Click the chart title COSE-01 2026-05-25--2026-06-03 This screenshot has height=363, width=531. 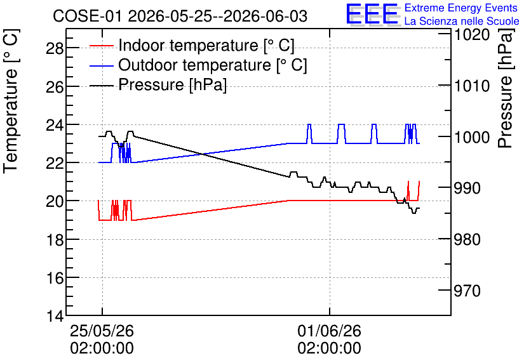[x=180, y=16]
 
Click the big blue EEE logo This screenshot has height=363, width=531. [x=372, y=15]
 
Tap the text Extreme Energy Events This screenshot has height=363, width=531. [x=461, y=8]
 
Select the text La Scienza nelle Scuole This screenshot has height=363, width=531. [x=462, y=22]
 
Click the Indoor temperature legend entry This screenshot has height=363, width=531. [x=192, y=45]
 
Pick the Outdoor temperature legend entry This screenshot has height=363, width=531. [x=198, y=65]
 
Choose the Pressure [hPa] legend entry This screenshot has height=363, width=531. [x=158, y=84]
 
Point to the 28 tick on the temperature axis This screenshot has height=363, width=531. [x=55, y=48]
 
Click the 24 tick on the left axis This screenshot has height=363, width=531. [x=55, y=125]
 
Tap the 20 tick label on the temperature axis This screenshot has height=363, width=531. [x=55, y=202]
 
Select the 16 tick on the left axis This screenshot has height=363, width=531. [x=55, y=278]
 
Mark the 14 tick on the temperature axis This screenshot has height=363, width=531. [x=55, y=317]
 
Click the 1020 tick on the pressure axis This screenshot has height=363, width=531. [x=472, y=35]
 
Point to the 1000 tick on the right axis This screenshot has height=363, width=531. [x=472, y=137]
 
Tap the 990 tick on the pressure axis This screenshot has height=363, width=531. [x=467, y=188]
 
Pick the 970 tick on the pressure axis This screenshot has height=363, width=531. [x=467, y=291]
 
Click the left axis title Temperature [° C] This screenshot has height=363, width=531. [x=11, y=102]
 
